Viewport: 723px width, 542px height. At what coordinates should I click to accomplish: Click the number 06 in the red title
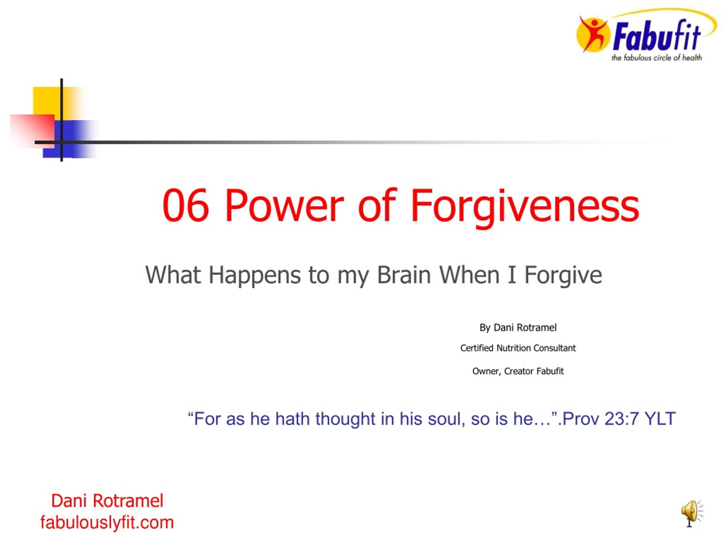pyautogui.click(x=185, y=206)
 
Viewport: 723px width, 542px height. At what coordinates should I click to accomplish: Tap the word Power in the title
pyautogui.click(x=284, y=206)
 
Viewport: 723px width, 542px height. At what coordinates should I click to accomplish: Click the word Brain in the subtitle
pyautogui.click(x=404, y=275)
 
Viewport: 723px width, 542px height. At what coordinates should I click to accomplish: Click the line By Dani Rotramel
pyautogui.click(x=518, y=328)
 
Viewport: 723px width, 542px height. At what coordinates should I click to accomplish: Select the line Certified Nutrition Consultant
pyautogui.click(x=518, y=348)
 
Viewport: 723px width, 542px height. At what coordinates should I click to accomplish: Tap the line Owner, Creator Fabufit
pyautogui.click(x=518, y=371)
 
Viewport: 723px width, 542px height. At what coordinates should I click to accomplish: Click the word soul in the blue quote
pyautogui.click(x=447, y=419)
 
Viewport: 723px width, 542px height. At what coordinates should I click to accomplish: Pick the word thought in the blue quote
pyautogui.click(x=345, y=419)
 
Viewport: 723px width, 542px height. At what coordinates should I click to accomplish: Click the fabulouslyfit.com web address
pyautogui.click(x=107, y=523)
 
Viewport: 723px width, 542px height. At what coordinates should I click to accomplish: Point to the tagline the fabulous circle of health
pyautogui.click(x=657, y=58)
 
